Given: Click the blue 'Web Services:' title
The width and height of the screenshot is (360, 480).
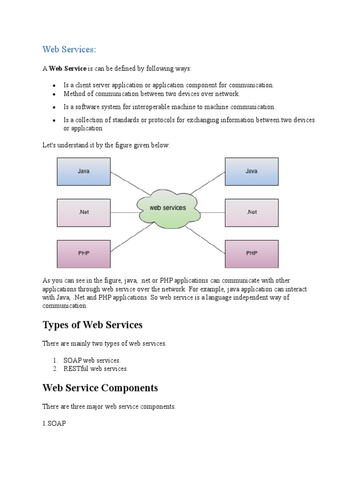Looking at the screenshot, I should tap(69, 49).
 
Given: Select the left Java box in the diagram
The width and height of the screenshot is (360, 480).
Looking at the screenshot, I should tap(83, 171).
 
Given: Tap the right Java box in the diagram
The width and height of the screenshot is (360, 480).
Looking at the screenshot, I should tap(252, 171).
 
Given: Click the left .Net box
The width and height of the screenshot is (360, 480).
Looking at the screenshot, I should tap(83, 212).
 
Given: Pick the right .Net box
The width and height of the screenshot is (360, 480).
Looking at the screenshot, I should tap(252, 212).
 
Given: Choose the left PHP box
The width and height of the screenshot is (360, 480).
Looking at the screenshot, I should tap(83, 254).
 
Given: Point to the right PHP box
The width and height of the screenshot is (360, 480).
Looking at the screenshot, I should tap(252, 254).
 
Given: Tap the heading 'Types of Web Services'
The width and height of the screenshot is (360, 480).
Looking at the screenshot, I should tap(92, 325).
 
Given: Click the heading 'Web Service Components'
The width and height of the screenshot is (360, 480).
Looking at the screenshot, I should tap(100, 388).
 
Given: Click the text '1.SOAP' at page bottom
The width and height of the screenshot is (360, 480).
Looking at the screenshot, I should tap(54, 423).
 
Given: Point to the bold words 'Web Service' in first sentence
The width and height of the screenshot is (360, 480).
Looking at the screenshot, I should tap(68, 69).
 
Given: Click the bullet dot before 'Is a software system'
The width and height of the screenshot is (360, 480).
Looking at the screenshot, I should tap(54, 107).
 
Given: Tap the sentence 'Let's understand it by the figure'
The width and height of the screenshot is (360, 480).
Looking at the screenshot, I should tap(106, 145).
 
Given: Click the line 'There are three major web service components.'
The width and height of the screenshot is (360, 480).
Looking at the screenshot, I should tap(109, 407).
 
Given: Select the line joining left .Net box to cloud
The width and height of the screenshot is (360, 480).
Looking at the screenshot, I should tap(124, 212).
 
